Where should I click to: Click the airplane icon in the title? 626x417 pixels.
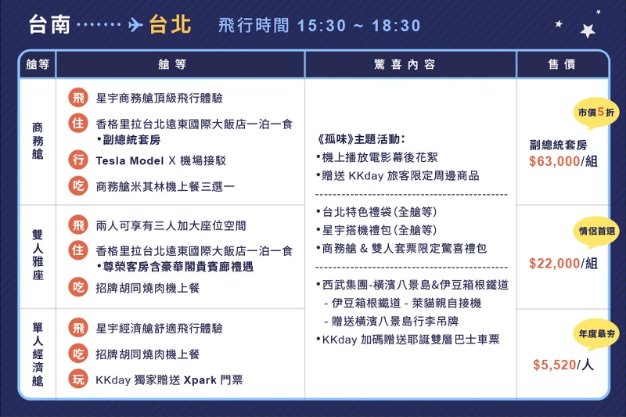(x=135, y=25)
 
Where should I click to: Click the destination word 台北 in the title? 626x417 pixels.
(x=170, y=24)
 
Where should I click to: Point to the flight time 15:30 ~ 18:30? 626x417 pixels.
(x=359, y=26)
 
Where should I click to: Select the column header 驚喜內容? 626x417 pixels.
(x=410, y=65)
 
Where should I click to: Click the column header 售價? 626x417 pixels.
(x=562, y=65)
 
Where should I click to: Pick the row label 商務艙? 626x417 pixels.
(x=38, y=141)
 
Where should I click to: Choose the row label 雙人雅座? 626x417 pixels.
(x=38, y=256)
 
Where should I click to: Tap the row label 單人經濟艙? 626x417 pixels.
(x=38, y=353)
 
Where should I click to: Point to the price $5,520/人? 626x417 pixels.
(x=562, y=365)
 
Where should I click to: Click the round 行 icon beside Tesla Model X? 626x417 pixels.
(x=78, y=160)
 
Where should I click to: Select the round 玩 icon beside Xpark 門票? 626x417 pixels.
(x=78, y=379)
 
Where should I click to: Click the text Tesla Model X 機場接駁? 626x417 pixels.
(x=160, y=160)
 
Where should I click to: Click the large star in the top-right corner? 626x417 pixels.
(x=588, y=31)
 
